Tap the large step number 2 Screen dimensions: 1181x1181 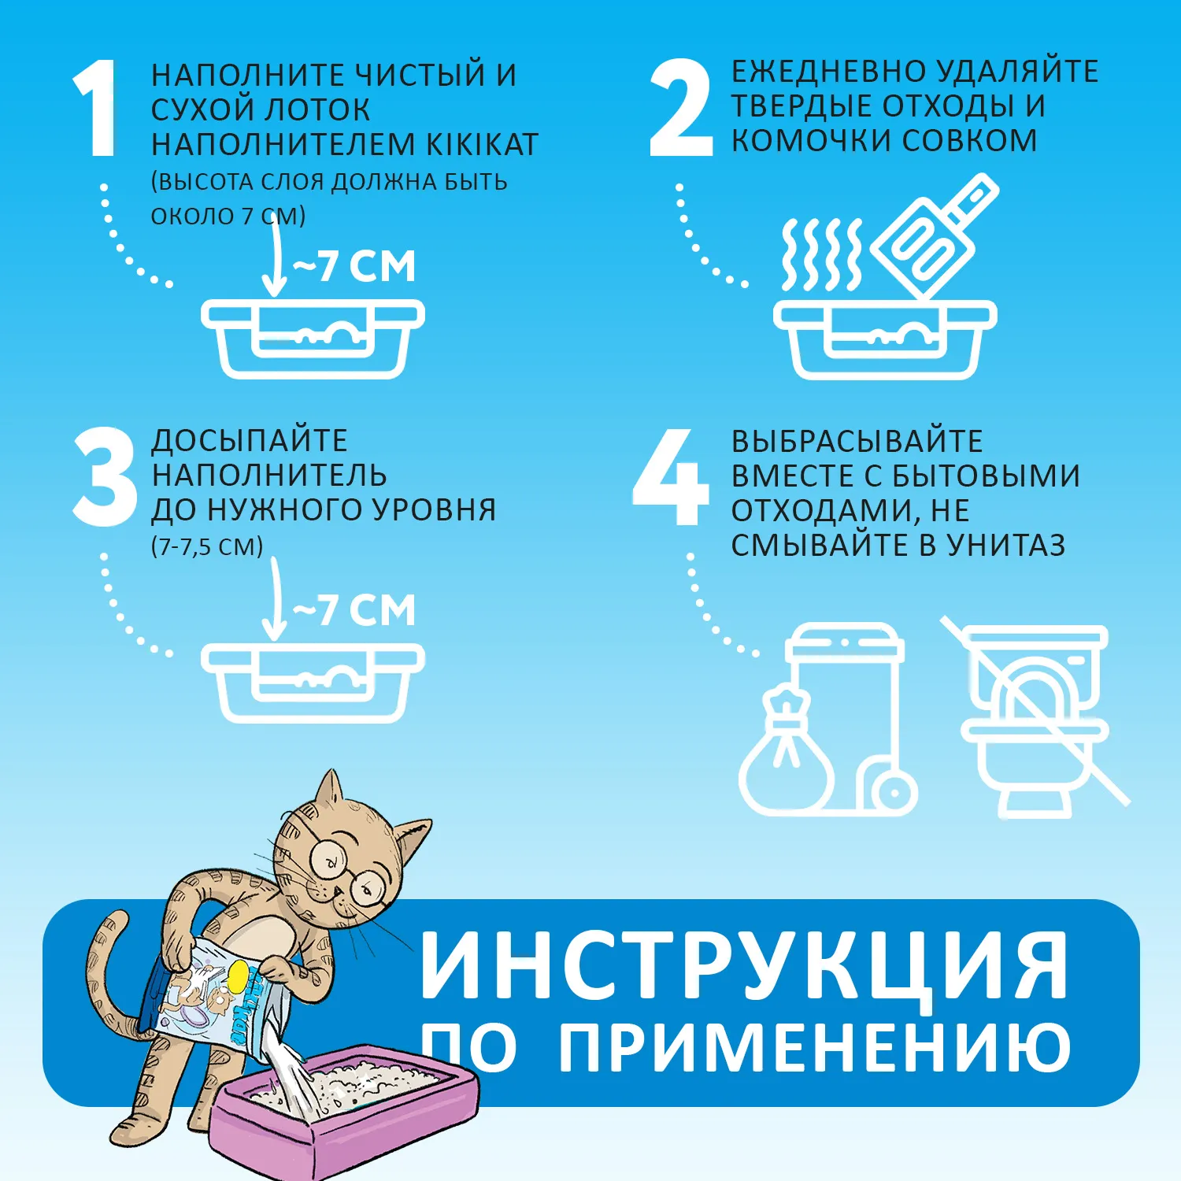(x=681, y=109)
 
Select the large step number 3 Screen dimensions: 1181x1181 (x=105, y=477)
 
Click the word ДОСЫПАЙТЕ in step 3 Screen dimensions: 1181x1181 (x=249, y=441)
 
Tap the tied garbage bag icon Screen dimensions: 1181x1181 (x=786, y=756)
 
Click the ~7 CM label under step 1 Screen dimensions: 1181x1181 (x=354, y=266)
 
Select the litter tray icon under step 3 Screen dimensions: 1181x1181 (x=313, y=682)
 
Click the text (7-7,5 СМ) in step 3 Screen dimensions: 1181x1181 (x=206, y=546)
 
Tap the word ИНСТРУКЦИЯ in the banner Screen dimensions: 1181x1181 (x=744, y=965)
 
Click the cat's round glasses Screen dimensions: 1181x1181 (x=346, y=870)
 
